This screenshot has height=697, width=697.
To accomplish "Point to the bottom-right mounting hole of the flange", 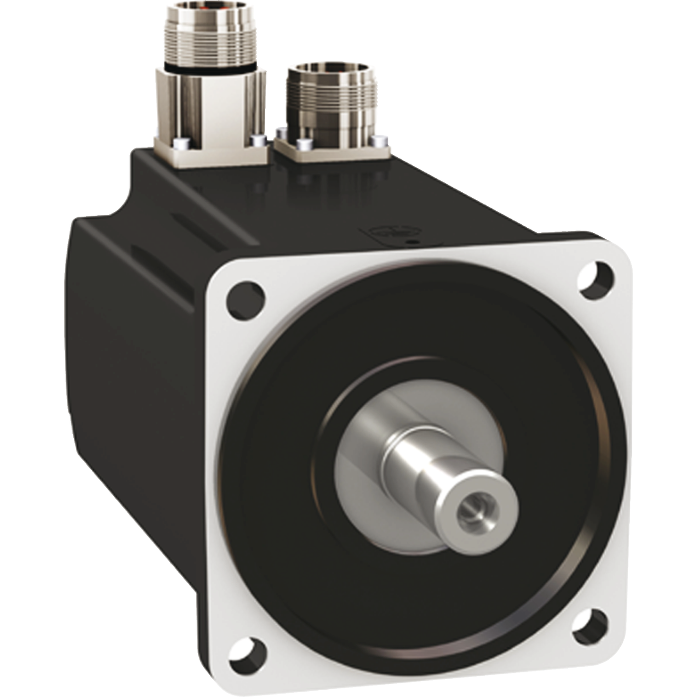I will [590, 624].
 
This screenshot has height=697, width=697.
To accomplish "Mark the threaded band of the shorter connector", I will [328, 96].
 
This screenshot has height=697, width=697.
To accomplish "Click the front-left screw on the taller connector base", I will [180, 143].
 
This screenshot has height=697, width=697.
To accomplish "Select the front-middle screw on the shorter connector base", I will [303, 144].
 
